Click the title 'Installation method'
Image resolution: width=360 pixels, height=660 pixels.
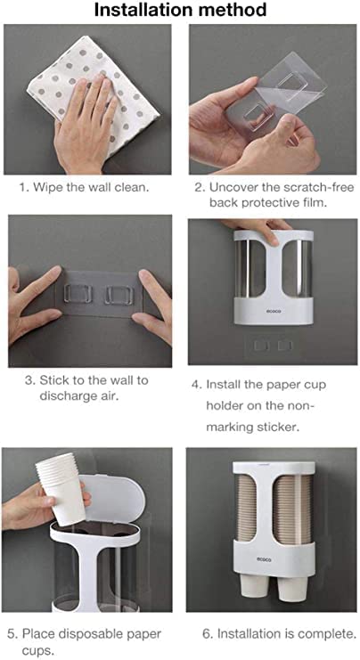pos(180,10)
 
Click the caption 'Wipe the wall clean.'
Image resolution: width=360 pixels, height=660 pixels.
pos(91,187)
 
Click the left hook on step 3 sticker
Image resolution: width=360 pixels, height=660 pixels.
pos(77,293)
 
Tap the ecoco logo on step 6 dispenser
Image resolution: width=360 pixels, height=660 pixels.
pos(265,559)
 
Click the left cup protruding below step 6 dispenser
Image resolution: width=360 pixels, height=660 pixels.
pos(255,585)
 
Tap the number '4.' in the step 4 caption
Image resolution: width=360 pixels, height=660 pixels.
pos(198,385)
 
